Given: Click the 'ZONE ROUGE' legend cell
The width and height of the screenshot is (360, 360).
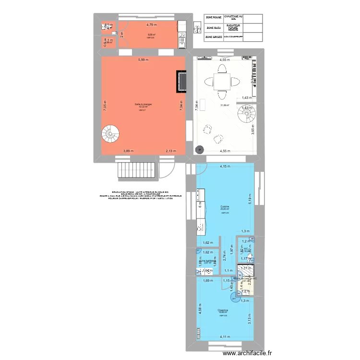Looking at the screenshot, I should tap(214, 18).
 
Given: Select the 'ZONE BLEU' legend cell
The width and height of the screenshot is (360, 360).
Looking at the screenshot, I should tap(214, 28).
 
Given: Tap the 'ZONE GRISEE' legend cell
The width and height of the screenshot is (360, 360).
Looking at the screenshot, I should tap(214, 37).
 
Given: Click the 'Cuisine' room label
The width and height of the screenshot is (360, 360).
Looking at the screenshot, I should tap(224, 206).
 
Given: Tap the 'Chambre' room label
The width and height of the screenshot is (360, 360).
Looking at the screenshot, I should tap(222, 310).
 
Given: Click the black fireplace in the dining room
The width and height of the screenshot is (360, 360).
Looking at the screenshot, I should tap(181, 81).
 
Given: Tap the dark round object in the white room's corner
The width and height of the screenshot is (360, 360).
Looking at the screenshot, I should tap(199, 150).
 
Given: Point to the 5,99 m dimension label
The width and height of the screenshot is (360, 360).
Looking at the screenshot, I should tap(143, 60).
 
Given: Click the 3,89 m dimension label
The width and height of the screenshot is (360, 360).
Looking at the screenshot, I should tap(128, 151).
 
